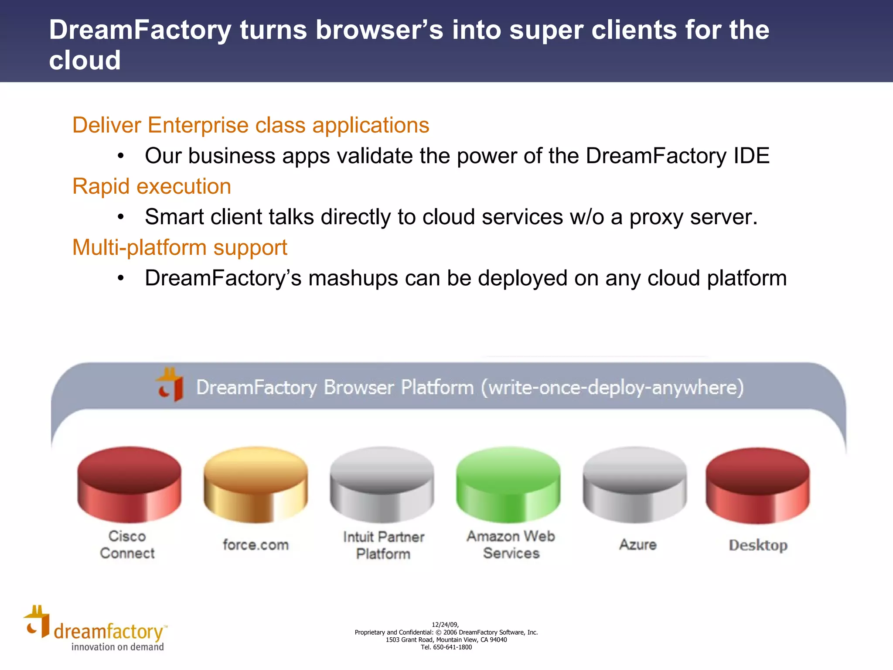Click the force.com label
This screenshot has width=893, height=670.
pyautogui.click(x=256, y=545)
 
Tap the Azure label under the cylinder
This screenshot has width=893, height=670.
pyautogui.click(x=638, y=545)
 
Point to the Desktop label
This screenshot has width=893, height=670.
pyautogui.click(x=758, y=545)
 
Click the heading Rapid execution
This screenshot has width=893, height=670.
pyautogui.click(x=151, y=187)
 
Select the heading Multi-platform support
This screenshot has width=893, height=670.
pyautogui.click(x=180, y=248)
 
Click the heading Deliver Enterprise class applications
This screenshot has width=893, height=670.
pyautogui.click(x=251, y=126)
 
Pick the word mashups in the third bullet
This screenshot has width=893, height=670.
pyautogui.click(x=353, y=278)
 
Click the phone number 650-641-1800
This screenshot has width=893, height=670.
pyautogui.click(x=452, y=647)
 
